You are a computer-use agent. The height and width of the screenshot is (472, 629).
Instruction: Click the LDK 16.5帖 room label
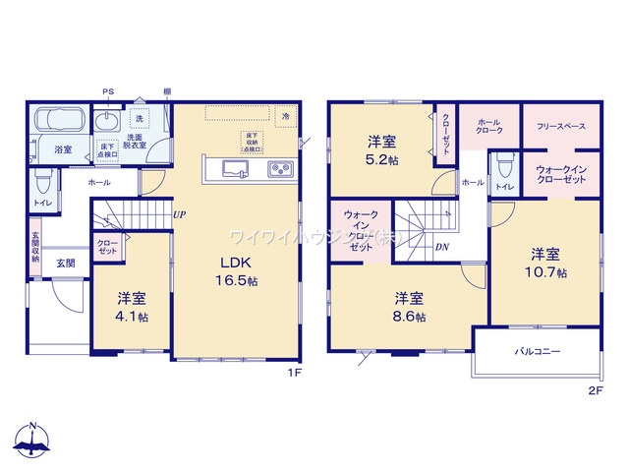click(x=237, y=271)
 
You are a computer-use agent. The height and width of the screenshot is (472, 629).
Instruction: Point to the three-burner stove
click(x=280, y=168)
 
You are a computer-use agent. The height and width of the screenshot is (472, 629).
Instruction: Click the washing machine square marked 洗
click(x=139, y=119)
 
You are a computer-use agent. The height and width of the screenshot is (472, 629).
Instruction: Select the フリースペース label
click(x=561, y=127)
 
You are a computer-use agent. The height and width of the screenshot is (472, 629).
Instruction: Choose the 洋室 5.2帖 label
click(x=382, y=148)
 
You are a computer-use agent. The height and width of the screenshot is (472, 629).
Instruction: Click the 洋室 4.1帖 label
click(x=132, y=307)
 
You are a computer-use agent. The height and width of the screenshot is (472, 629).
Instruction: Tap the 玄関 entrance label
click(x=65, y=263)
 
